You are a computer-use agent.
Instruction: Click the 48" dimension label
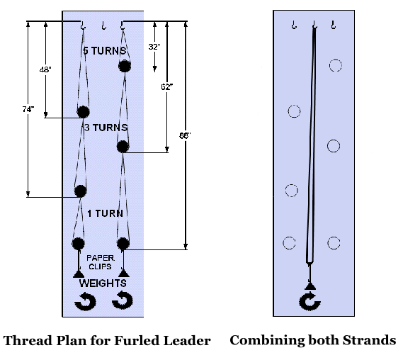[45, 69]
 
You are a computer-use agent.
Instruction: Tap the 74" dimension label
[28, 109]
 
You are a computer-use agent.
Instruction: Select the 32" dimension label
[154, 47]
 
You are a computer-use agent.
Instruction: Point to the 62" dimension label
[167, 86]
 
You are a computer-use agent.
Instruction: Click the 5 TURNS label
[104, 50]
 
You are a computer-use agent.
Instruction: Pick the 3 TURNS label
[106, 128]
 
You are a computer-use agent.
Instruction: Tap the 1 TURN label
[106, 213]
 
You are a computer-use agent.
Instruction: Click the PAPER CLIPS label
[101, 262]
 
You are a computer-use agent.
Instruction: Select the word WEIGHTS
[103, 283]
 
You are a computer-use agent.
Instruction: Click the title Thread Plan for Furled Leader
[107, 341]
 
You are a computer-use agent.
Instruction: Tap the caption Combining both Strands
[313, 340]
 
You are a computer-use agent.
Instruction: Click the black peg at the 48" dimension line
[83, 112]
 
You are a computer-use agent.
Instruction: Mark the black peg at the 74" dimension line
[80, 191]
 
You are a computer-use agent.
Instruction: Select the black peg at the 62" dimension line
[123, 147]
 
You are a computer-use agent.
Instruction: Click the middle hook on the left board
[104, 26]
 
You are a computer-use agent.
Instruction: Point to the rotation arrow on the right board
[310, 301]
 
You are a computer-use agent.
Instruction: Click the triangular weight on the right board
[310, 286]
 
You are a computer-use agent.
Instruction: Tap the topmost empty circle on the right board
[335, 65]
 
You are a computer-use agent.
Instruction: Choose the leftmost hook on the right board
[294, 25]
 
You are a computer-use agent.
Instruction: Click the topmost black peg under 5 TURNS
[125, 66]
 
